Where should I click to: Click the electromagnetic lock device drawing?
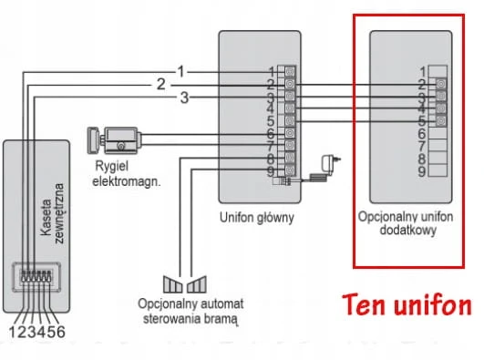click(114, 140)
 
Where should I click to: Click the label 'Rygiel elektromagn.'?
click(127, 174)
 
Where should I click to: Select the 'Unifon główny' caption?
click(257, 217)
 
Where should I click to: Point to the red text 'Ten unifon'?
click(407, 305)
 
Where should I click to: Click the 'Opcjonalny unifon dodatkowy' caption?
click(406, 223)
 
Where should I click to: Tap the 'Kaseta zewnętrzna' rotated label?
click(52, 213)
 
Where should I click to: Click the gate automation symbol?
click(185, 284)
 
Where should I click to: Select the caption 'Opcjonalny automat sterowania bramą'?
click(191, 311)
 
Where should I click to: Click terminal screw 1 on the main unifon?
click(290, 72)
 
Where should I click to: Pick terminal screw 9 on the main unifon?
click(290, 170)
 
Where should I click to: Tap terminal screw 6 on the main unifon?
click(290, 133)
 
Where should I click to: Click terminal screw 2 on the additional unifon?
click(441, 84)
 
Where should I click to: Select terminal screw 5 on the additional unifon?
click(441, 120)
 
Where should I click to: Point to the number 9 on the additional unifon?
click(422, 171)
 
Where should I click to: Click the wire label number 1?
click(180, 72)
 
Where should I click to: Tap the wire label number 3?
click(184, 98)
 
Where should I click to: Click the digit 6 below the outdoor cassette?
click(60, 332)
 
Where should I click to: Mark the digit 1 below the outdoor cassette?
click(13, 332)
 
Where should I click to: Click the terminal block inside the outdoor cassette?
click(36, 276)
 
